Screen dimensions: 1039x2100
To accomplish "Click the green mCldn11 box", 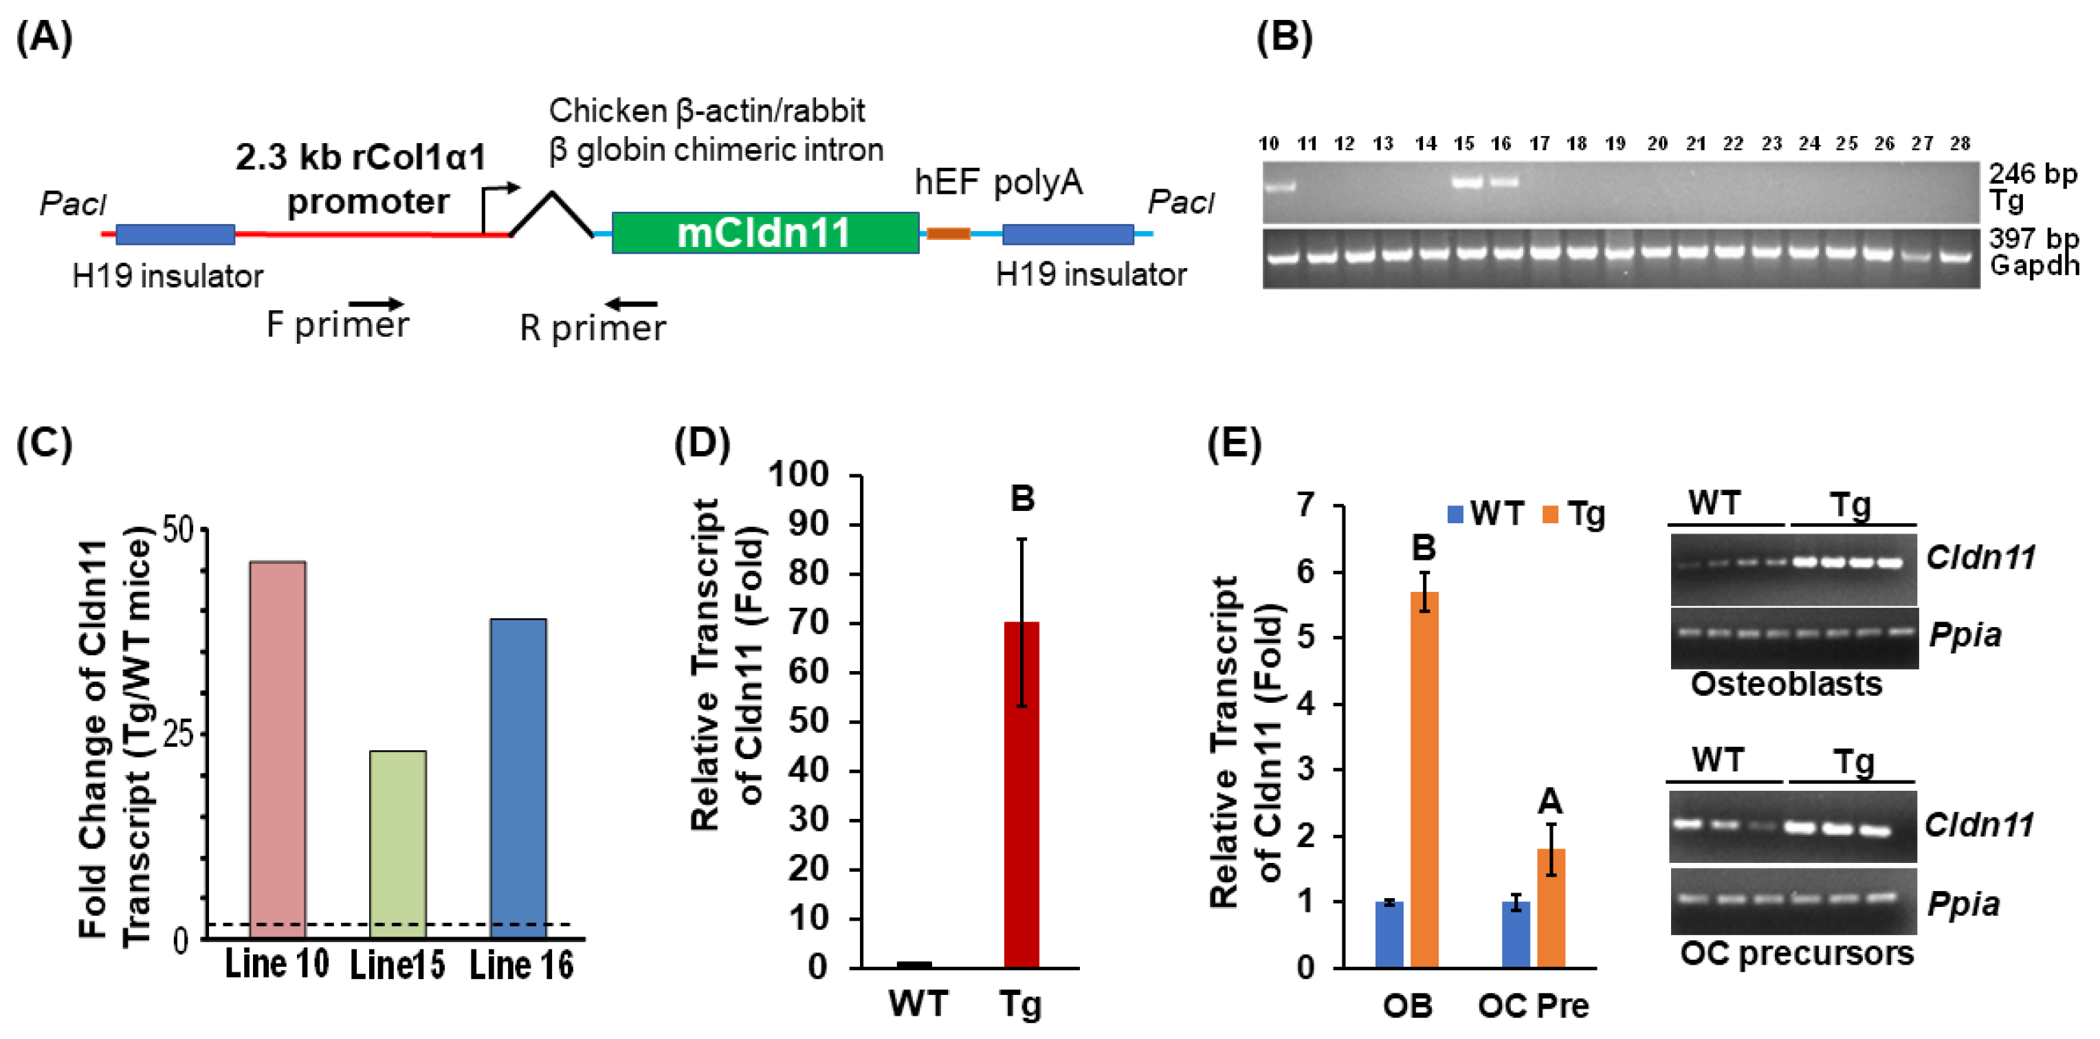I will tap(764, 233).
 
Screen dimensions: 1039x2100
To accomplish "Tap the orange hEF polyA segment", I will tap(948, 234).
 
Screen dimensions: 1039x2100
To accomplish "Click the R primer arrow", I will tap(632, 304).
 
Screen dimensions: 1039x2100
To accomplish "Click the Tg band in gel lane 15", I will tap(1467, 183).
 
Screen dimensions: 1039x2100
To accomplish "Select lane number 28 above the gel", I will tap(1960, 144).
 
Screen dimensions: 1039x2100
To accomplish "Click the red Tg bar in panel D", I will tap(1021, 794).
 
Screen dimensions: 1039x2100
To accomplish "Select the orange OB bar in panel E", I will tap(1424, 779).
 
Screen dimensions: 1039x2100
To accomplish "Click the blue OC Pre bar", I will tap(1516, 934).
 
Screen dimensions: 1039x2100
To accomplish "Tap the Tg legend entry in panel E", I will tap(1573, 514).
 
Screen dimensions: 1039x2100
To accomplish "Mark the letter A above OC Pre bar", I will tap(1549, 802).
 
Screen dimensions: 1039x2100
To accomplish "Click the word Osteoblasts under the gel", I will tap(1786, 684).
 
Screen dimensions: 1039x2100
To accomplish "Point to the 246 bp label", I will tap(2033, 173).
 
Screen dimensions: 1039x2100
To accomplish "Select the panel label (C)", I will tap(44, 444).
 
